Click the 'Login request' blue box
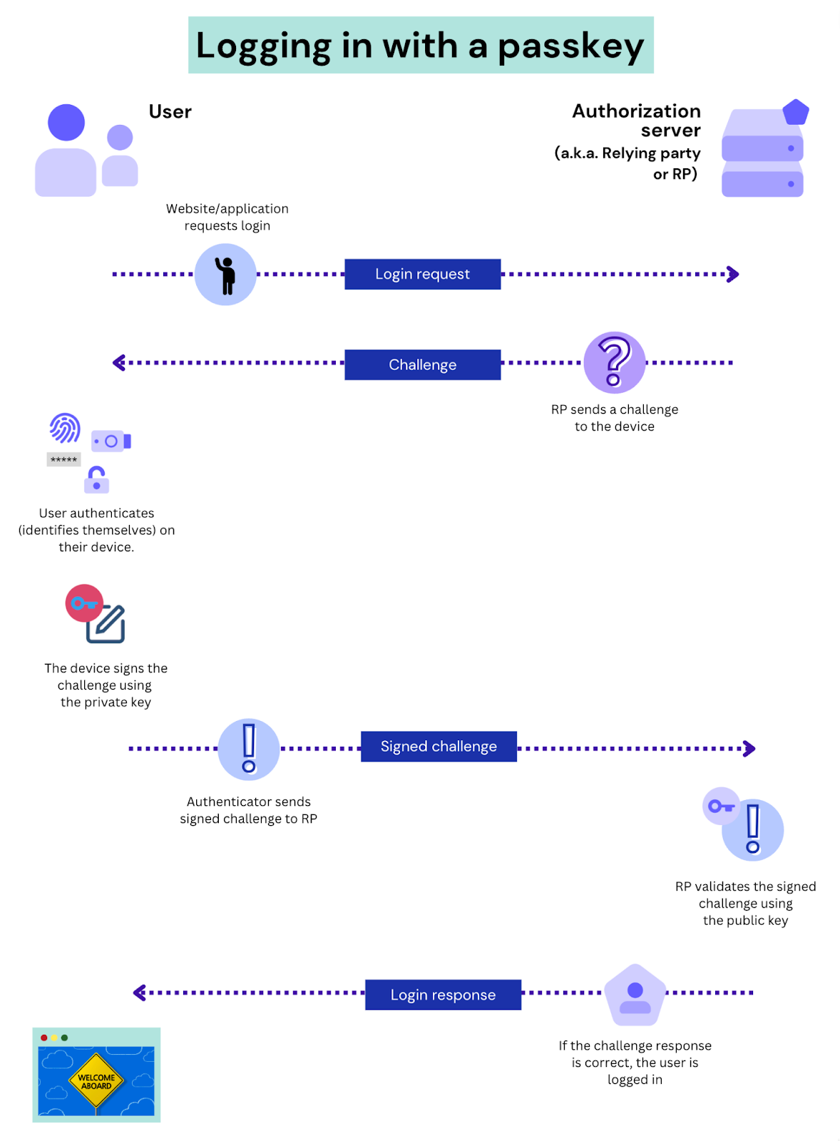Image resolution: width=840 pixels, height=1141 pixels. pyautogui.click(x=422, y=274)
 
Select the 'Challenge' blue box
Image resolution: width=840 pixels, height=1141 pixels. pyautogui.click(x=422, y=364)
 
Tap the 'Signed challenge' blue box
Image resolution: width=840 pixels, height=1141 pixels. pyautogui.click(x=439, y=747)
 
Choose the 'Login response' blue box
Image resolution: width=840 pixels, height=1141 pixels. pyautogui.click(x=443, y=995)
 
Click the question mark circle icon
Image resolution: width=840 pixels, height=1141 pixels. pyautogui.click(x=614, y=362)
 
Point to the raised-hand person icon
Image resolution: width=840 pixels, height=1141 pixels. pyautogui.click(x=225, y=275)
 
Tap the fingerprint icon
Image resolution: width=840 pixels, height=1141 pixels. pyautogui.click(x=65, y=428)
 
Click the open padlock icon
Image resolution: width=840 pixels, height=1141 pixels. pyautogui.click(x=96, y=480)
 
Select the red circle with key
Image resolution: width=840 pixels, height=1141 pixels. pyautogui.click(x=83, y=603)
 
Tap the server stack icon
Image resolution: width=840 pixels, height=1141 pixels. pyautogui.click(x=762, y=153)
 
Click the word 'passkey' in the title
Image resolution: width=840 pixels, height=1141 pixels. pyautogui.click(x=570, y=46)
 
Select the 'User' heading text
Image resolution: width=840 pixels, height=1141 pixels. pyautogui.click(x=170, y=112)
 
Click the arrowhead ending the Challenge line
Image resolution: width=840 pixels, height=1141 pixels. pyautogui.click(x=119, y=363)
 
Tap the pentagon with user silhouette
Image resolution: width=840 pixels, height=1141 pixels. pyautogui.click(x=635, y=996)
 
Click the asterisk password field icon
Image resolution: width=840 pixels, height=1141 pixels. pyautogui.click(x=63, y=460)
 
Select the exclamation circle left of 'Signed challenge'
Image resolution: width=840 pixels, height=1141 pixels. pyautogui.click(x=248, y=749)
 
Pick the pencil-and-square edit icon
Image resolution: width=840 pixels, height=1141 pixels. pyautogui.click(x=107, y=625)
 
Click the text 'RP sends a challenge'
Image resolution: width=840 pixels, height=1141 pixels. pyautogui.click(x=614, y=409)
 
